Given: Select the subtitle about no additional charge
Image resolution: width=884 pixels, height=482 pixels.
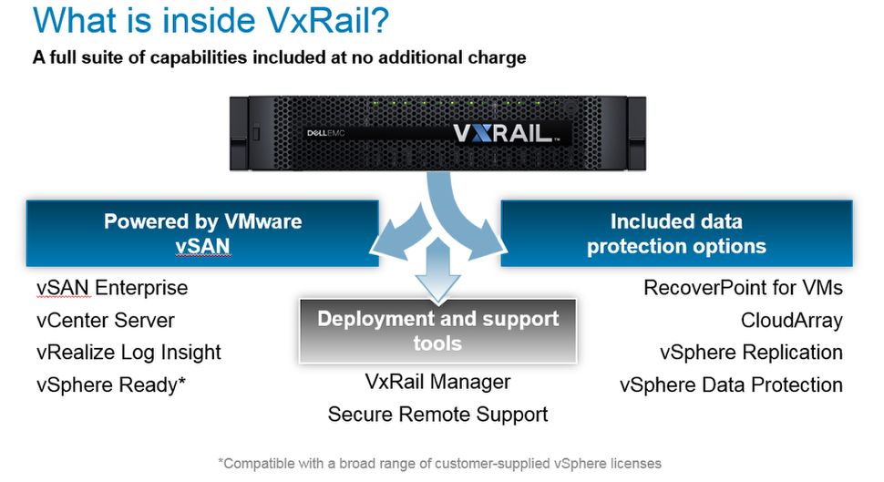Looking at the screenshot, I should click(x=279, y=58).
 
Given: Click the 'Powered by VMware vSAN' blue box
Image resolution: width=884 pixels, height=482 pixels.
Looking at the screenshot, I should click(x=202, y=234).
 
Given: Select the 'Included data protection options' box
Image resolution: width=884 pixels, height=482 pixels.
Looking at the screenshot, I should click(x=676, y=234).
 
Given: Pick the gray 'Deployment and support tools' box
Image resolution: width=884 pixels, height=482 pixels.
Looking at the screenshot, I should click(x=437, y=331).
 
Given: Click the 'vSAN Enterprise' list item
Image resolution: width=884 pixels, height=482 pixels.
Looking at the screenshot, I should click(x=111, y=289).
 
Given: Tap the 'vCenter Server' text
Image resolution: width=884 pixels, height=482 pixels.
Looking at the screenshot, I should click(x=105, y=321).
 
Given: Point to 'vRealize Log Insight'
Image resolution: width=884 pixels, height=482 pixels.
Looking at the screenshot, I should click(x=128, y=353).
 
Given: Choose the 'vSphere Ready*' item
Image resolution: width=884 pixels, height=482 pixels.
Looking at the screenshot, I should click(x=111, y=385).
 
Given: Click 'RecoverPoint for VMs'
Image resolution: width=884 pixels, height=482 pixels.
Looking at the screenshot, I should click(x=743, y=289).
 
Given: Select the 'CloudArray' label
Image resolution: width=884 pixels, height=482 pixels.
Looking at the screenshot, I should click(x=791, y=321).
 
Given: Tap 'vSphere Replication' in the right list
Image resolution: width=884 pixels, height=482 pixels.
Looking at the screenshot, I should click(x=751, y=353).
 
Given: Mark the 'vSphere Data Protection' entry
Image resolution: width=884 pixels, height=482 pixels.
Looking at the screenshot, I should click(x=731, y=385).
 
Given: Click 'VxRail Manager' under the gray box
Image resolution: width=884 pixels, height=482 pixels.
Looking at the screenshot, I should click(x=437, y=382).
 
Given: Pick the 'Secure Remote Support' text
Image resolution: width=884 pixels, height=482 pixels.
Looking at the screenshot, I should click(x=437, y=415).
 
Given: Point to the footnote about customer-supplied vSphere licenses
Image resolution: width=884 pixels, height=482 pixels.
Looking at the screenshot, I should click(x=439, y=463).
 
